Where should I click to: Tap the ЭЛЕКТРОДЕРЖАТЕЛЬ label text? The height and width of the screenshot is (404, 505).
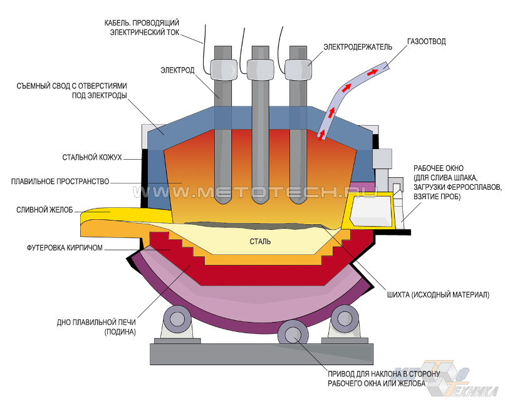[358, 46]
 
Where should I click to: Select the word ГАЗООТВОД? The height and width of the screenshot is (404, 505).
[426, 42]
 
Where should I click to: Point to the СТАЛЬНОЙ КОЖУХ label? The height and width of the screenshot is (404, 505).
[91, 157]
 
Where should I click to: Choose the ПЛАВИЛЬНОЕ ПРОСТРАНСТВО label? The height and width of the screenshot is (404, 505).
[60, 182]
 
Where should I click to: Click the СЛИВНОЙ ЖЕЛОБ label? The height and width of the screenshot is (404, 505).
[45, 209]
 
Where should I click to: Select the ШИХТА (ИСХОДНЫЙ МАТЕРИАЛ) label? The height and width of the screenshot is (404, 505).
[439, 294]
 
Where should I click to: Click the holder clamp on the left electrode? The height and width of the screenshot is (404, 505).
[222, 66]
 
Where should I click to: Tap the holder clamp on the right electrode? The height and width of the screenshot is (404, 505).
[298, 67]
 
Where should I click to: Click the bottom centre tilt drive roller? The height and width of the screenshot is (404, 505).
[292, 333]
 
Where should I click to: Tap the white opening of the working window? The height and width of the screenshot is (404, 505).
[369, 210]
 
